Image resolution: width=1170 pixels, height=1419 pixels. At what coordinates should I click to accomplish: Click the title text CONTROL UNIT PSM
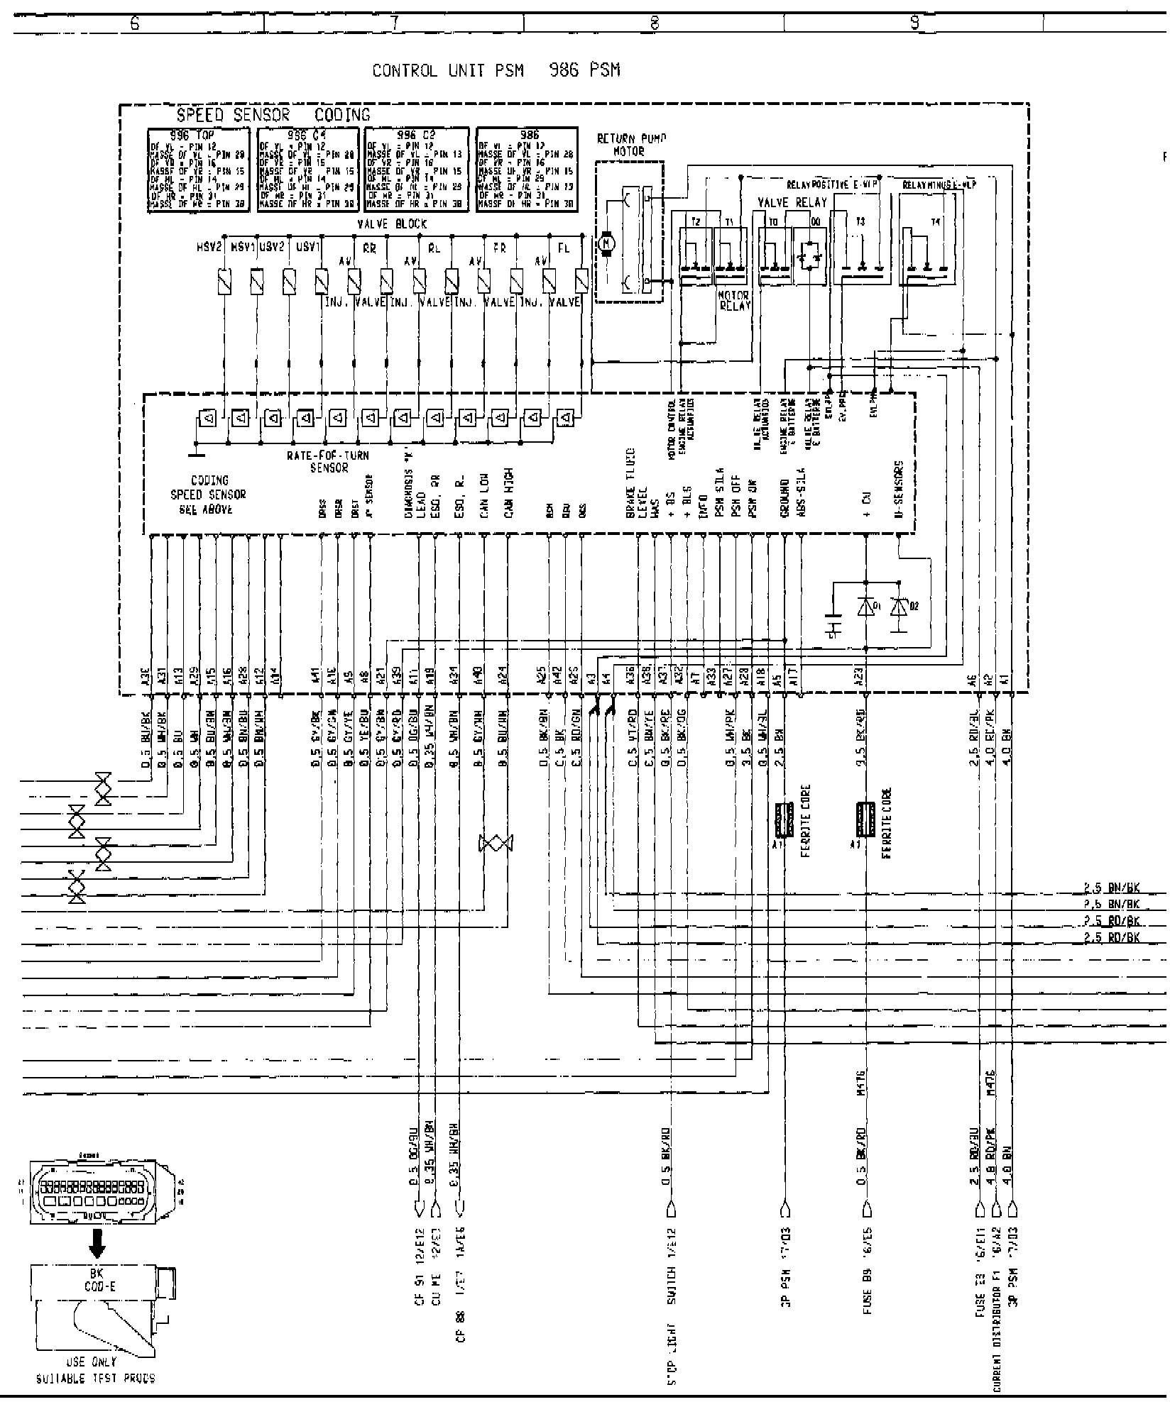[x=448, y=71]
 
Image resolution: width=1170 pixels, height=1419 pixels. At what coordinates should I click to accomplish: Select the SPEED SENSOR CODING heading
[x=273, y=115]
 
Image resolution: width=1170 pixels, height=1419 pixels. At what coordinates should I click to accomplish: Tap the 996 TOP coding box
[x=198, y=170]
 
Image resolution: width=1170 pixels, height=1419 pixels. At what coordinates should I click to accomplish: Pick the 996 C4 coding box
[x=307, y=170]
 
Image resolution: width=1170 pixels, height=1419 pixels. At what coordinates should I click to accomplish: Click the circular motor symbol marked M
[x=606, y=243]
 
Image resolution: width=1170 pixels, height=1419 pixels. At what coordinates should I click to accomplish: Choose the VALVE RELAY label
[x=792, y=202]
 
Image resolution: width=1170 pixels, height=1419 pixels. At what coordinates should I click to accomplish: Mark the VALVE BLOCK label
[x=402, y=223]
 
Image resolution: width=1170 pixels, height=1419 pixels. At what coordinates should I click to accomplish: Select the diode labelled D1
[x=865, y=607]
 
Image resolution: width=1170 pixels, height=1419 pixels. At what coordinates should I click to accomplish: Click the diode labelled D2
[x=900, y=607]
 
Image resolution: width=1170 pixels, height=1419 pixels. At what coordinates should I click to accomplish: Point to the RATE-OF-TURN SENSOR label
[x=328, y=461]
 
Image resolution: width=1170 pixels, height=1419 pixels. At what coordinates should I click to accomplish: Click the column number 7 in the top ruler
[x=395, y=23]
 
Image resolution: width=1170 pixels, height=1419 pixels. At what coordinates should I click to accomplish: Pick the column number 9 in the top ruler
[x=914, y=23]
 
